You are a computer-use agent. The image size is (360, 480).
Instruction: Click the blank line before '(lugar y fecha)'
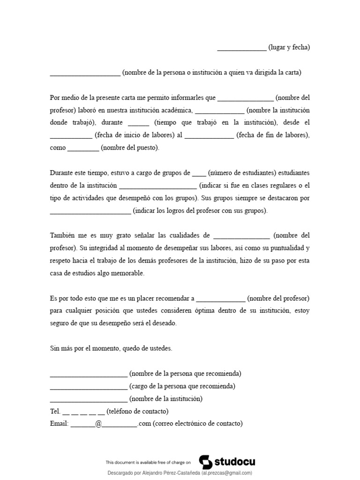pos(242,48)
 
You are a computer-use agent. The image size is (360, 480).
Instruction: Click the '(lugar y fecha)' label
pos(289,47)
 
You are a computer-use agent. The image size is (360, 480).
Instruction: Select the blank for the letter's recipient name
pos(85,73)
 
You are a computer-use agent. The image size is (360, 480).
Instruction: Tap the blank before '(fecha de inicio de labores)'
pos(71,136)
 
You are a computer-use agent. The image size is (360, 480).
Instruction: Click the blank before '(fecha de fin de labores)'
pos(209,136)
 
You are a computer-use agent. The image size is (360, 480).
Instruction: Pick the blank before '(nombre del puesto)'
pos(83,149)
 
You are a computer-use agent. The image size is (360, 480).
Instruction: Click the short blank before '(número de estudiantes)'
pos(199,173)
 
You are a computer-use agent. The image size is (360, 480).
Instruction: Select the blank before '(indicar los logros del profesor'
pos(90,211)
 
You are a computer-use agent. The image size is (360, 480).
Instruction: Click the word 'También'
pos(63,235)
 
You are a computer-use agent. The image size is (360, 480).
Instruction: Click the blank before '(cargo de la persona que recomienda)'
pos(88,387)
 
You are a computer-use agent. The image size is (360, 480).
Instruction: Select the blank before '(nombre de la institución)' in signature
pos(88,400)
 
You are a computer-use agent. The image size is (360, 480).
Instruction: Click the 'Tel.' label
pos(55,412)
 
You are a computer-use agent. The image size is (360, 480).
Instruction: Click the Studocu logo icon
pos(206,462)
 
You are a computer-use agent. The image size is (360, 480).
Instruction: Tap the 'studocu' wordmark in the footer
pos(235,462)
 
